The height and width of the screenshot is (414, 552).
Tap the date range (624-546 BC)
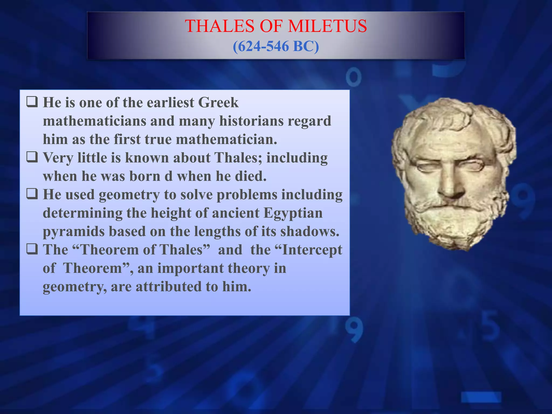pyautogui.click(x=276, y=46)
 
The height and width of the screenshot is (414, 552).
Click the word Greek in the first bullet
pyautogui.click(x=218, y=103)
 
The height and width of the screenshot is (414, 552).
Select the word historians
pyautogui.click(x=251, y=121)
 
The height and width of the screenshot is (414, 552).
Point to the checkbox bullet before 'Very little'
pyautogui.click(x=32, y=157)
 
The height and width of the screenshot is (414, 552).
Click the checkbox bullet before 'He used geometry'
pyautogui.click(x=32, y=194)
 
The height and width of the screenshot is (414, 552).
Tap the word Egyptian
pyautogui.click(x=293, y=213)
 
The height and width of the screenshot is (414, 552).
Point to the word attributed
pyautogui.click(x=168, y=287)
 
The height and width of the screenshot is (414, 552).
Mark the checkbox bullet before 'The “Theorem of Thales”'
pyautogui.click(x=32, y=249)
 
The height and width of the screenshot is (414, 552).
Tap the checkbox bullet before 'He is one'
pyautogui.click(x=32, y=102)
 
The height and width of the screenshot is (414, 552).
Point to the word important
pyautogui.click(x=190, y=268)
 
